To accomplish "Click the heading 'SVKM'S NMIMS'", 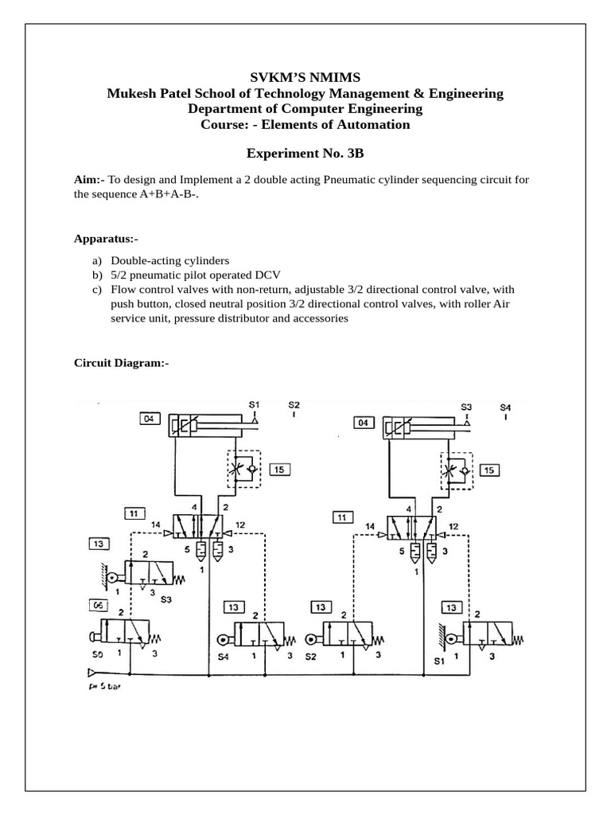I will [305, 77].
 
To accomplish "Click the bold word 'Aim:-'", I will [89, 181].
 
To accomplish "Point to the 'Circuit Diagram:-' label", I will [121, 363].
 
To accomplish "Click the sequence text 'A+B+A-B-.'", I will [170, 195].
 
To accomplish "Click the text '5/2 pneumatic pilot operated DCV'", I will [193, 275].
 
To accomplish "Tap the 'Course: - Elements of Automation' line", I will [305, 124].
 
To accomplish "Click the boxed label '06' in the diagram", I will [99, 606].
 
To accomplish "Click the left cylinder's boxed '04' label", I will [149, 417].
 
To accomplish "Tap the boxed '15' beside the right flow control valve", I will [491, 470].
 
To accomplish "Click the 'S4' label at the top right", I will [504, 407].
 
